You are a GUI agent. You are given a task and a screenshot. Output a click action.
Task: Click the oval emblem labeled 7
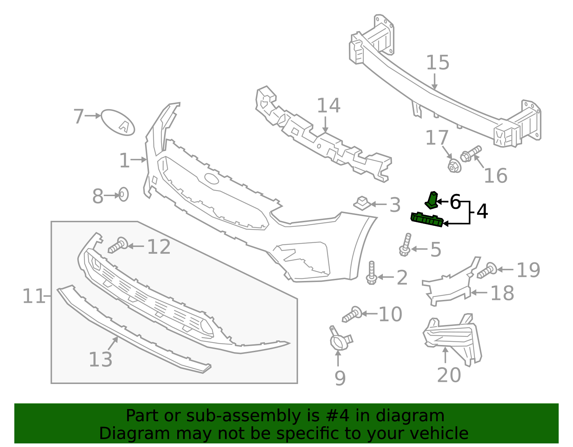point(118,122)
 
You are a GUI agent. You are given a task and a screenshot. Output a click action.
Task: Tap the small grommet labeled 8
point(123,194)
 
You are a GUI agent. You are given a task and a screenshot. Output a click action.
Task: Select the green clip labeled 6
point(432,200)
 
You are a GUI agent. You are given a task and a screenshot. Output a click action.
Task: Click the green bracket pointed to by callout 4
point(427,219)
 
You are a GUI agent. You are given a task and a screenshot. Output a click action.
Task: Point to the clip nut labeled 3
point(362,203)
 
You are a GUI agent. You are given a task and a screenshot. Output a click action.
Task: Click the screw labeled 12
point(118,245)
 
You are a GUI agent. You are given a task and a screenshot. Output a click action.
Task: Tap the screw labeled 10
point(352,314)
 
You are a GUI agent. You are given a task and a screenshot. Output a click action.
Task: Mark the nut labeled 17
point(454,166)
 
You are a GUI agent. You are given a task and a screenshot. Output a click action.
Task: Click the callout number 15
point(437,63)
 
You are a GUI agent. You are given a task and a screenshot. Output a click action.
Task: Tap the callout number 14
point(328,106)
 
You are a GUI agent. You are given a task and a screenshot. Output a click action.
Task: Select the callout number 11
point(33,296)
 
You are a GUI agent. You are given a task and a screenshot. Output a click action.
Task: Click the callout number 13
point(100,359)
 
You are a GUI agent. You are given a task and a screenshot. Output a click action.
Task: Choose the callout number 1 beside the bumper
point(124,160)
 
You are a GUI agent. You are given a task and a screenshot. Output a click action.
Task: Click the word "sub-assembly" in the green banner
point(243,416)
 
